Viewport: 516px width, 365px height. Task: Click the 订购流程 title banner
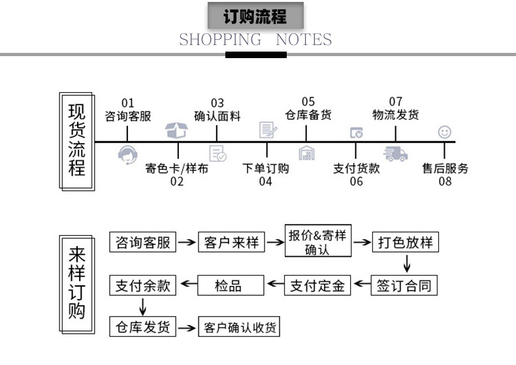255,16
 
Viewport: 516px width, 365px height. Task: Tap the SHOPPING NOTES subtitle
255,40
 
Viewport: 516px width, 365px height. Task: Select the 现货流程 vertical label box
77,141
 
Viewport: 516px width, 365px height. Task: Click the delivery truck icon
396,154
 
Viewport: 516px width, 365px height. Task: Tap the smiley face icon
445,132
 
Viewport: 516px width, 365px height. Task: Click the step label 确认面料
218,116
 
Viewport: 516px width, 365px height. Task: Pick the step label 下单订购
265,168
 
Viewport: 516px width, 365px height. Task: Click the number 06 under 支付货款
356,182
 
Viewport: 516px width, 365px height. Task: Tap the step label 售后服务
445,168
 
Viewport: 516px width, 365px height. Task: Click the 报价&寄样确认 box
317,242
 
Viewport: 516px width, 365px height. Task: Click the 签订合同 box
406,285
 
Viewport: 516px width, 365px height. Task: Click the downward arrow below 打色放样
407,264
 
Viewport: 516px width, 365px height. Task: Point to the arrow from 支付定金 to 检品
274,285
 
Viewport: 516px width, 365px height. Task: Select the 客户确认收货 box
239,327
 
